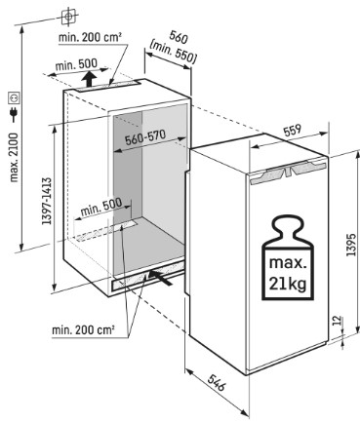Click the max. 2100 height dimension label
click(14, 157)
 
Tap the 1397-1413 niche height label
click(47, 201)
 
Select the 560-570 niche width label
click(145, 137)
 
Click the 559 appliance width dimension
click(293, 131)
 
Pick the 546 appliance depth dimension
click(217, 382)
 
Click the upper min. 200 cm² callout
click(90, 37)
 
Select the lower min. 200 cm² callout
click(83, 330)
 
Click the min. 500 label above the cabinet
click(76, 64)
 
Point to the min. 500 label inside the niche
click(101, 207)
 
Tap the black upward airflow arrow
click(89, 79)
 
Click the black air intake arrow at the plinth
click(160, 277)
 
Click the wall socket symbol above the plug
click(15, 97)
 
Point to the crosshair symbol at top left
click(68, 16)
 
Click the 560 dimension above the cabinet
click(179, 38)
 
